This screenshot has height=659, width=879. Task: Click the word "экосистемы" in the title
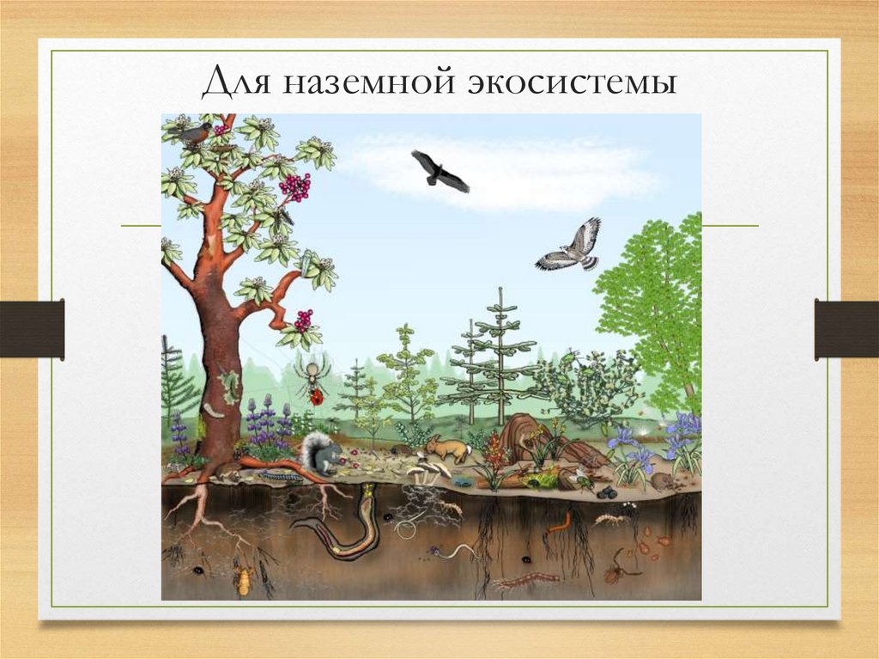(573, 83)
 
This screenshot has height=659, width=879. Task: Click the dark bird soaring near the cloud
(439, 171)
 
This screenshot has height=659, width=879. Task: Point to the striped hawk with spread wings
(571, 247)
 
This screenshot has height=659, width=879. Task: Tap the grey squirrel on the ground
(319, 454)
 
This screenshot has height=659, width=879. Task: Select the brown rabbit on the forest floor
(447, 448)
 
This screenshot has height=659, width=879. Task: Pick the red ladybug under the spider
(317, 397)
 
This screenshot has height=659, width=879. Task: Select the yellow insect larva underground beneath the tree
(244, 583)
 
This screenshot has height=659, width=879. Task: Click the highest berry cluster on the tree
(294, 186)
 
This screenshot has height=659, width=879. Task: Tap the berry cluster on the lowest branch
(303, 320)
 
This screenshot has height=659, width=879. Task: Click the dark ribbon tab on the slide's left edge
(32, 329)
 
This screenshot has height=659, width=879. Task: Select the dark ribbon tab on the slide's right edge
(846, 329)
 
